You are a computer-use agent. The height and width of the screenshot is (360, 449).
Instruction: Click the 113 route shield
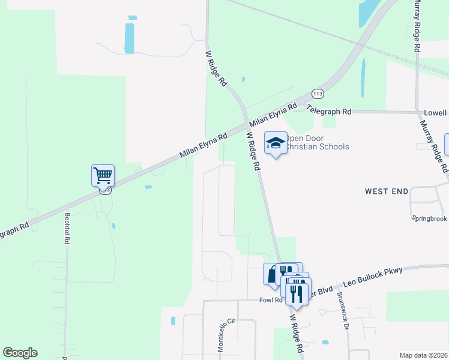click(x=318, y=94)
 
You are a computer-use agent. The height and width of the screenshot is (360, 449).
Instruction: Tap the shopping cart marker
click(x=103, y=176)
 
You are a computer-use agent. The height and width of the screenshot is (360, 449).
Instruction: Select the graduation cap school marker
click(x=276, y=143)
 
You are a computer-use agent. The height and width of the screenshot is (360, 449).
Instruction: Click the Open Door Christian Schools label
click(x=316, y=143)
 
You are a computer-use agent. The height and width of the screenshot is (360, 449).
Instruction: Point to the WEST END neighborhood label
click(x=387, y=191)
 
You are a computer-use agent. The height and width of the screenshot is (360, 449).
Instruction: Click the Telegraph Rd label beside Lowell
click(x=329, y=112)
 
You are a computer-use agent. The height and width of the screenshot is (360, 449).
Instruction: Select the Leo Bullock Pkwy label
click(x=373, y=275)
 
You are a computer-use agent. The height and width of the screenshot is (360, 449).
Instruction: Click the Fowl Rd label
click(x=270, y=300)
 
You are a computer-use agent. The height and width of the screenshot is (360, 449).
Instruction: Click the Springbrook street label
click(x=429, y=219)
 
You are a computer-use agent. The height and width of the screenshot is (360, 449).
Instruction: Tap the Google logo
click(x=20, y=353)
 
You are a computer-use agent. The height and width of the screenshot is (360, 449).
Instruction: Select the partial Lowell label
click(x=435, y=113)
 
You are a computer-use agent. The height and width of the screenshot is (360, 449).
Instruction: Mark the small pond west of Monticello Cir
click(x=173, y=321)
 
